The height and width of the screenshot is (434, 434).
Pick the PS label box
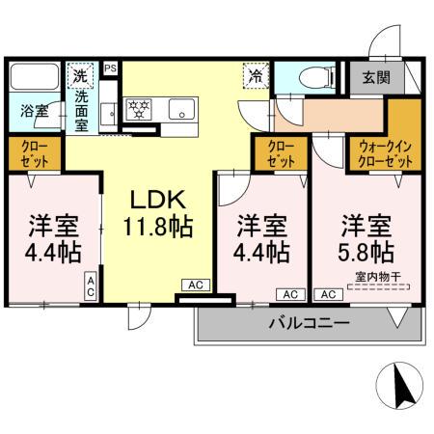110,68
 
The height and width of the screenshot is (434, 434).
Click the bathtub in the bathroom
33,76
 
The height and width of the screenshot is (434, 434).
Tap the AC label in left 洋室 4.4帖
91,284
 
